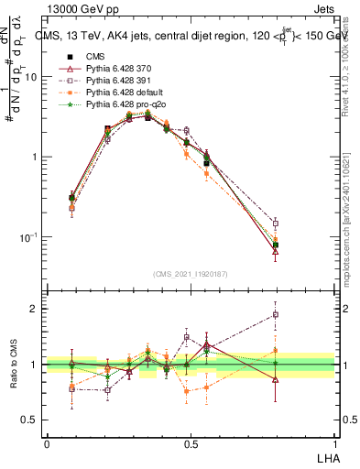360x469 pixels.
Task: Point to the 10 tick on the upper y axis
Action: click(32, 77)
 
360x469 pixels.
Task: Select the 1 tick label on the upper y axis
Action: click(36, 158)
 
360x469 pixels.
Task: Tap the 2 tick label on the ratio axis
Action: click(35, 309)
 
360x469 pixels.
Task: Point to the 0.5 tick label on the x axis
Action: click(190, 443)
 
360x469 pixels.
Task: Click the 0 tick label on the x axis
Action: click(47, 443)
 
